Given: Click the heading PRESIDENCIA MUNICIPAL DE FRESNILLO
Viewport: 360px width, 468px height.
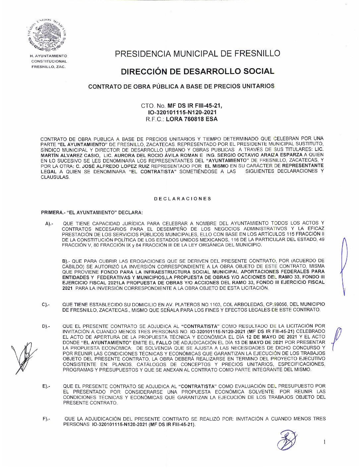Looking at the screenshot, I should click(197, 53).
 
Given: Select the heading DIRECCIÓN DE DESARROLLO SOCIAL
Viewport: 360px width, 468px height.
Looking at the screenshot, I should click(197, 71).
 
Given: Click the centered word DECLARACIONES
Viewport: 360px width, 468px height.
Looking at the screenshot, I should click(183, 199).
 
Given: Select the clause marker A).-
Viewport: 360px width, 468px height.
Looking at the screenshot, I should click(49, 224).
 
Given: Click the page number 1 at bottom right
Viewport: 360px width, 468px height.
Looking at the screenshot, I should click(325, 442).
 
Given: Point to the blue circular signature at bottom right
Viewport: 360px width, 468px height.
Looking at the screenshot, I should click(287, 440).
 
